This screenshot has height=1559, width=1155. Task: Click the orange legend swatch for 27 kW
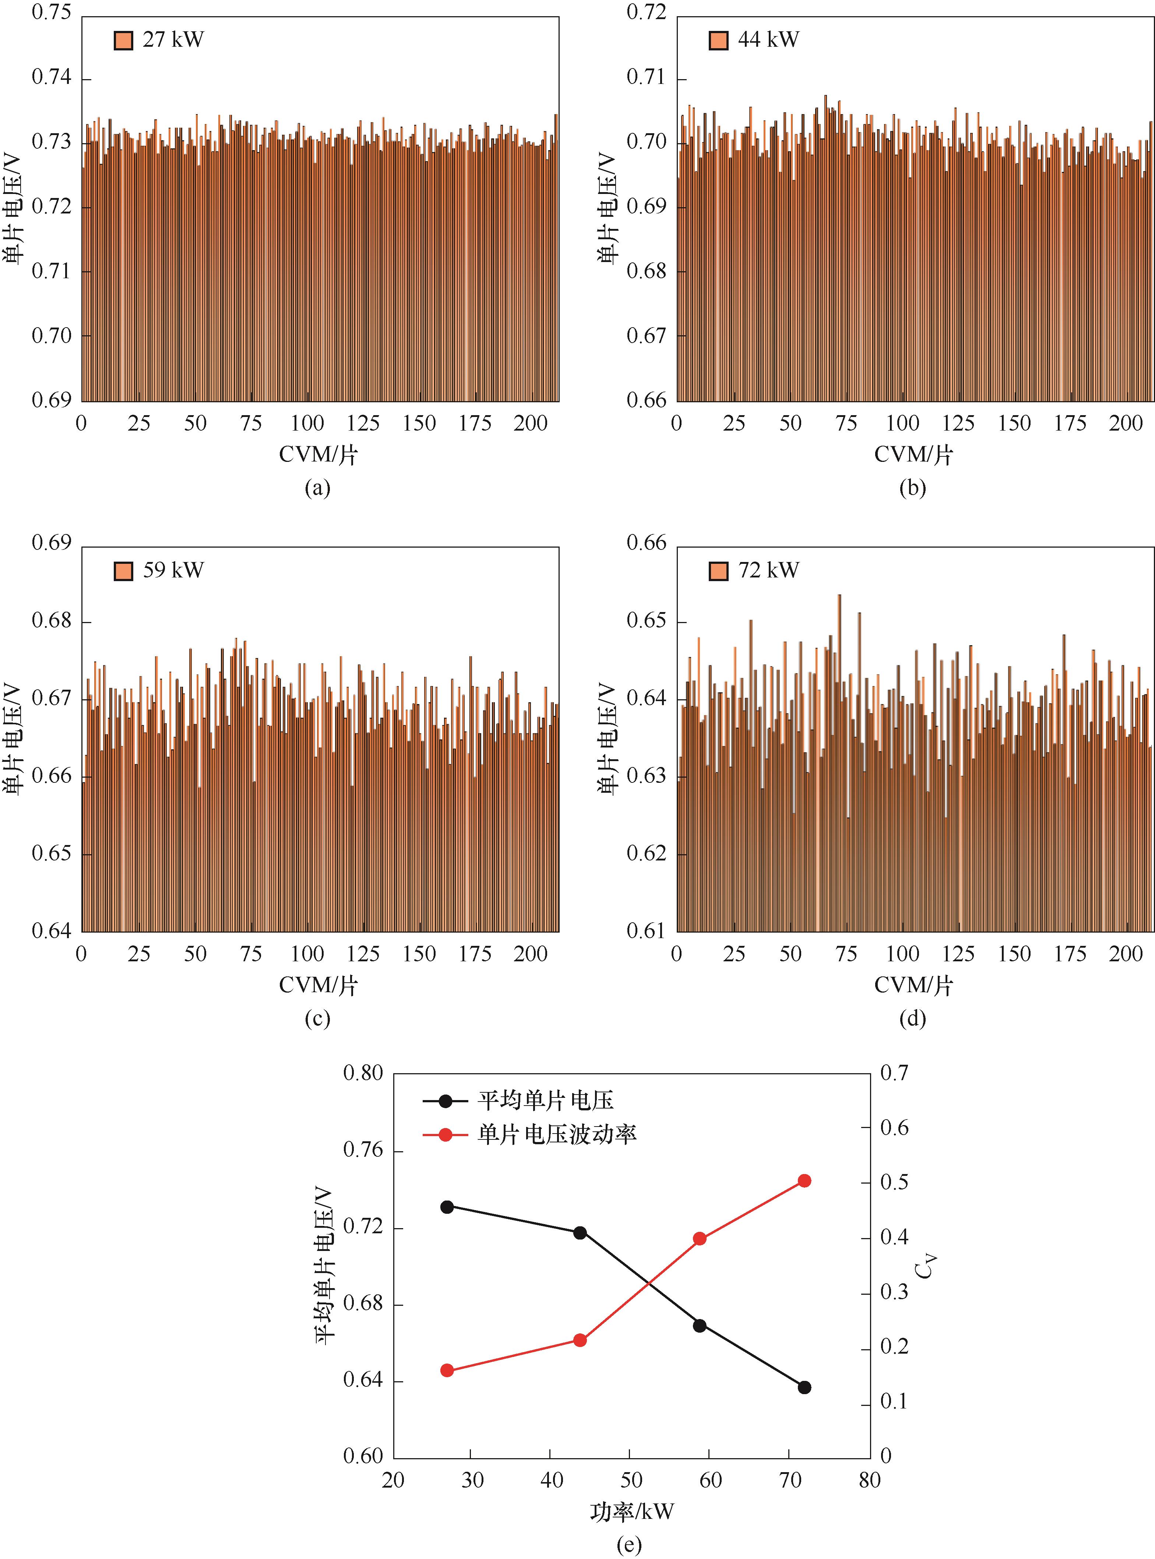point(123,40)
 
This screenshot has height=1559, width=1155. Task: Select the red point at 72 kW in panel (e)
point(804,1181)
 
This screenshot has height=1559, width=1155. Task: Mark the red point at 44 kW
point(580,1340)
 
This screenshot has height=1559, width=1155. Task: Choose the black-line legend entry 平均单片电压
point(545,1100)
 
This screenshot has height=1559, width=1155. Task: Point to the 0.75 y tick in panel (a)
point(52,13)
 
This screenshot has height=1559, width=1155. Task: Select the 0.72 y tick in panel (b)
point(647,13)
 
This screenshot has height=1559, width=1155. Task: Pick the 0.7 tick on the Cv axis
point(894,1073)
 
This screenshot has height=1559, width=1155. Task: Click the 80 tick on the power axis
point(870,1480)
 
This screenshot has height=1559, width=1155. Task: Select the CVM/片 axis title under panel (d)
point(913,985)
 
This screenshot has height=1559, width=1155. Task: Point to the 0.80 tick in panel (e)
point(363,1073)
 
